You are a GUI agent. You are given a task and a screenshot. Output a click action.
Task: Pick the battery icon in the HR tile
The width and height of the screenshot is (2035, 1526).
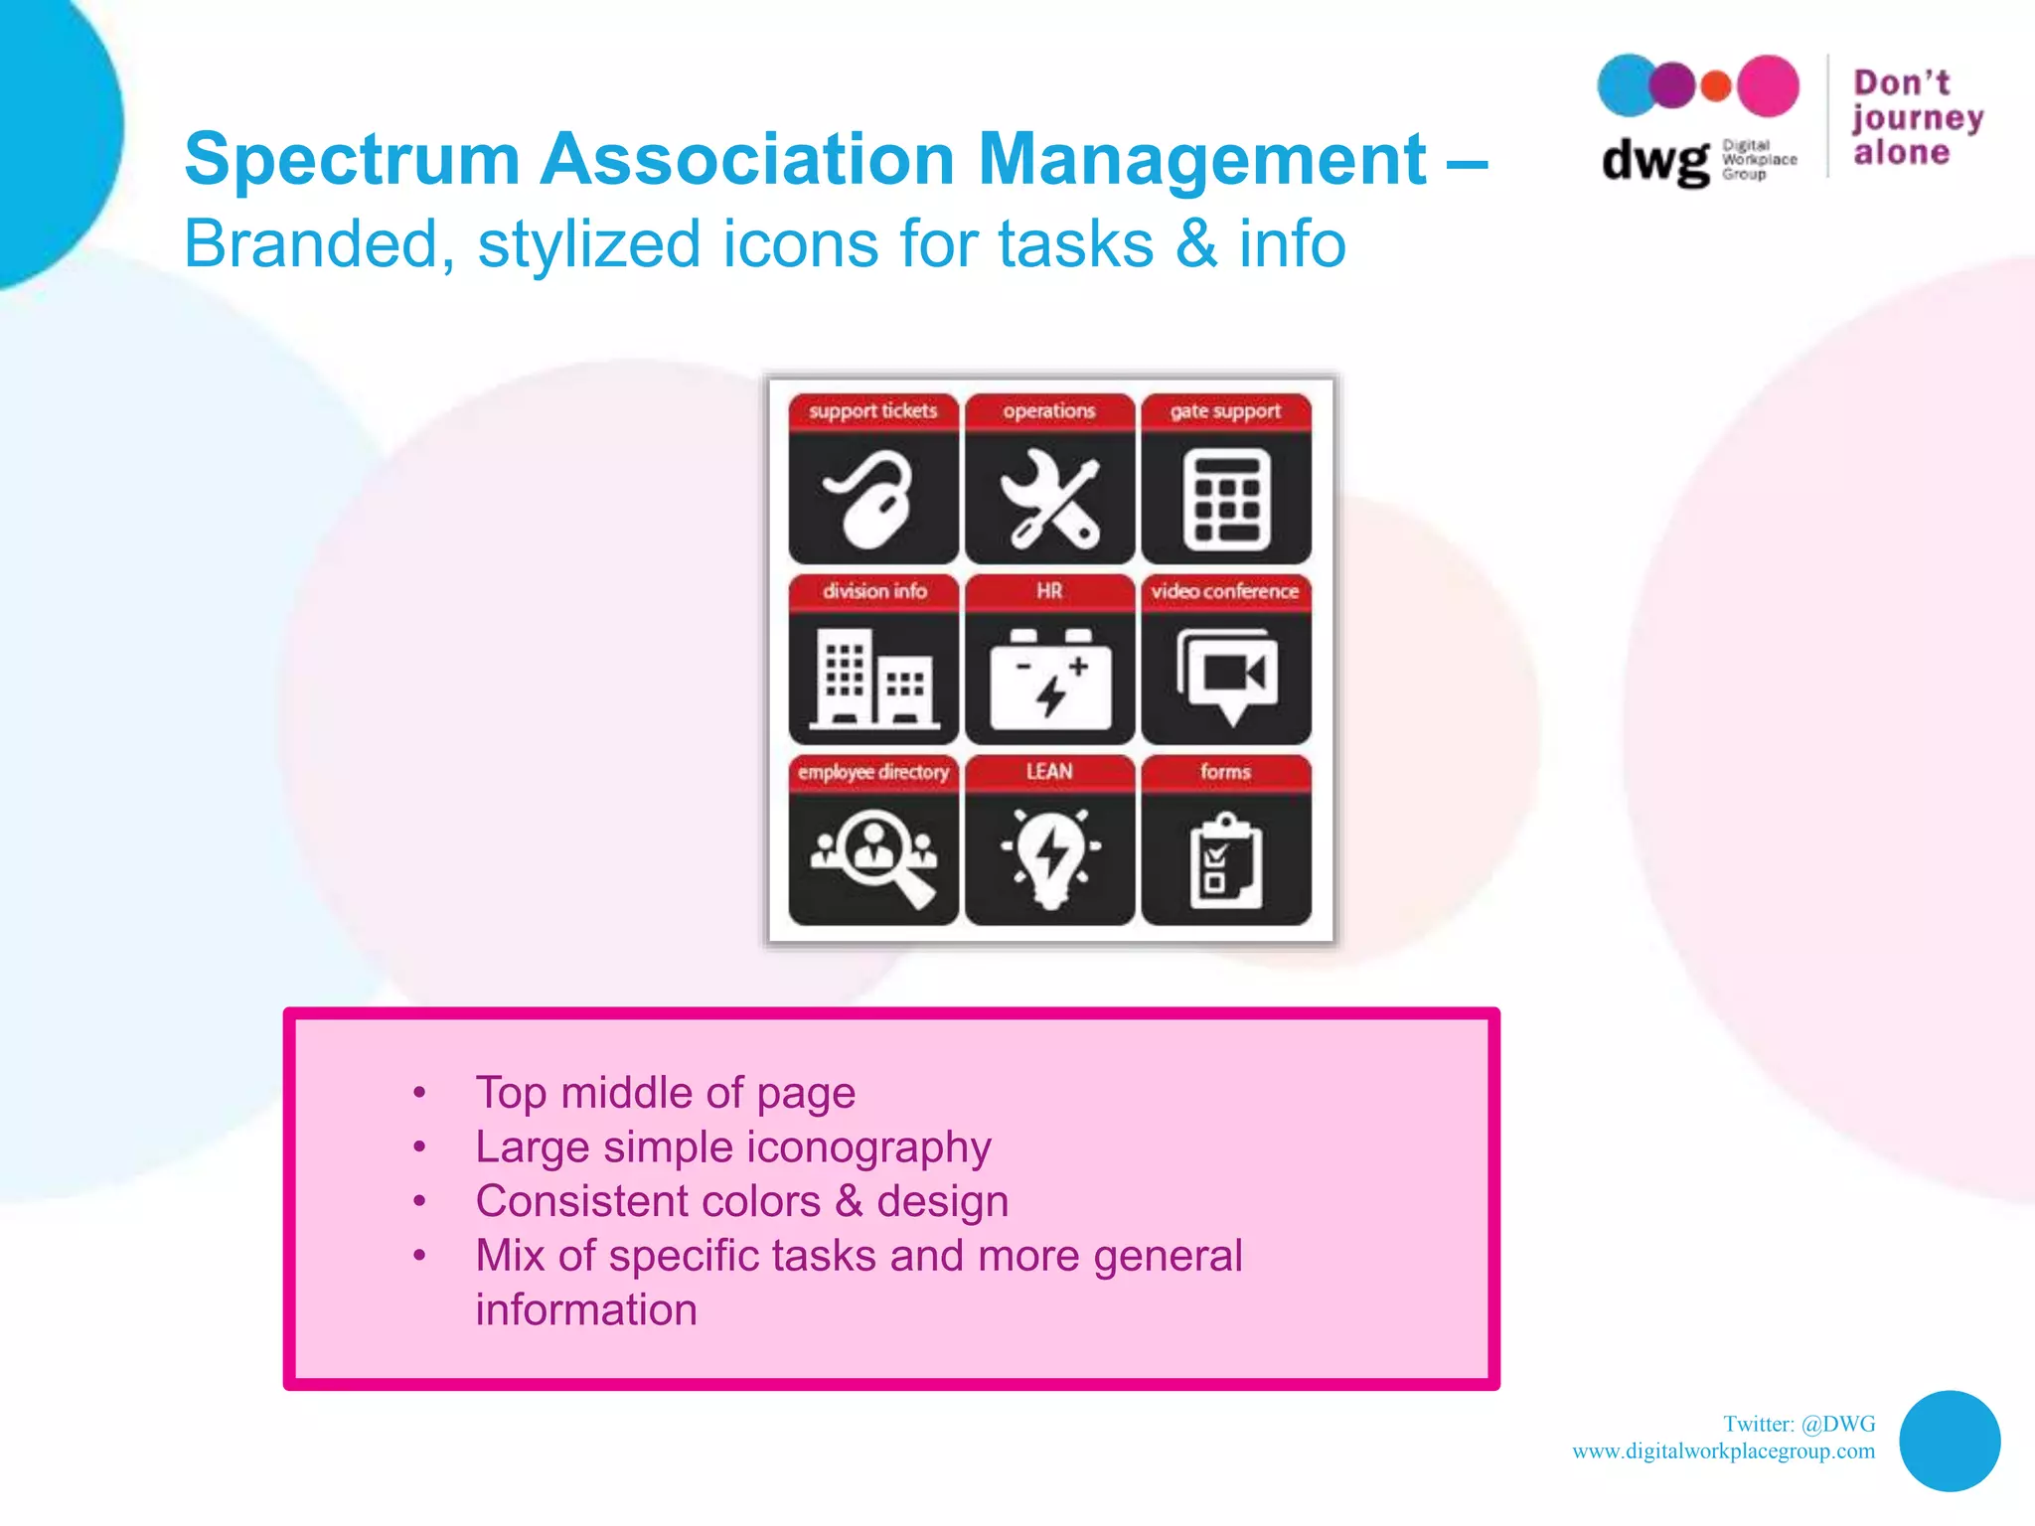click(x=1049, y=680)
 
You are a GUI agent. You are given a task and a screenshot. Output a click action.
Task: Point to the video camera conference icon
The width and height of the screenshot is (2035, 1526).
click(x=1226, y=676)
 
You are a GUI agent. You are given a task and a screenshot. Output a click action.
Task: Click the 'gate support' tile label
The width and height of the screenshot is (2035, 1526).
click(x=1225, y=411)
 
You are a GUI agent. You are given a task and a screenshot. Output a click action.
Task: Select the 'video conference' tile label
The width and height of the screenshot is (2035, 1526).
click(x=1225, y=591)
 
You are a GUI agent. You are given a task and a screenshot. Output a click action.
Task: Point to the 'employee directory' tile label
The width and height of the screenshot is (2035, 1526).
click(x=873, y=772)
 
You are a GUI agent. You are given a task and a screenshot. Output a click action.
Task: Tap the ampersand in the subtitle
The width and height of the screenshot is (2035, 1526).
click(x=1195, y=244)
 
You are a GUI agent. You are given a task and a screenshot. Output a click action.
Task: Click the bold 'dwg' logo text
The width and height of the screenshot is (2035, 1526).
click(x=1654, y=160)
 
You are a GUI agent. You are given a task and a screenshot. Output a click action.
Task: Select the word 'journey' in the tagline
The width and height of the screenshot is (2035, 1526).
click(x=1917, y=118)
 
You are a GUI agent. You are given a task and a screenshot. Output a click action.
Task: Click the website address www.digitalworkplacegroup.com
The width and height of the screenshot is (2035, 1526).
click(x=1723, y=1451)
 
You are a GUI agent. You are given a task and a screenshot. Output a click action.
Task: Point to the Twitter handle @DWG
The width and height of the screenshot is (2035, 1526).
click(x=1837, y=1424)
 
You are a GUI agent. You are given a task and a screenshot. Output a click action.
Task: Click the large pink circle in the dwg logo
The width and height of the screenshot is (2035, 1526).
click(x=1767, y=86)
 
